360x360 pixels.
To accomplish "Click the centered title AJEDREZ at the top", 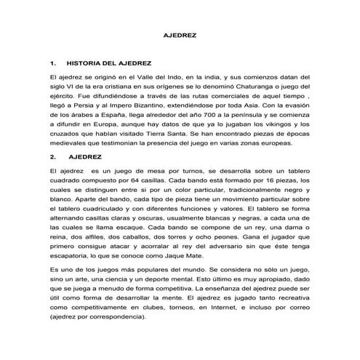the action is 179,35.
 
